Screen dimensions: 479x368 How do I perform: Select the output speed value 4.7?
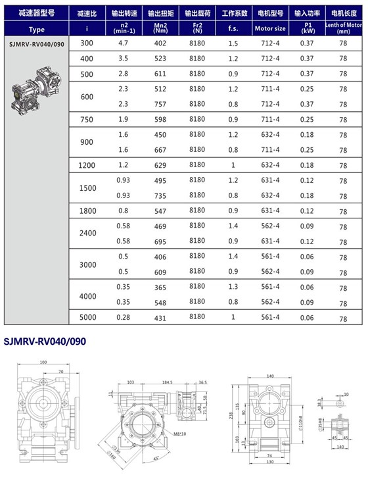123,43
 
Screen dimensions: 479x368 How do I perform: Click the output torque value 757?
158,103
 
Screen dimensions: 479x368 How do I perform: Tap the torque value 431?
158,318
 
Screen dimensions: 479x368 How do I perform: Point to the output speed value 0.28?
123,318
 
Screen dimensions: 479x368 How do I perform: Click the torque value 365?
158,287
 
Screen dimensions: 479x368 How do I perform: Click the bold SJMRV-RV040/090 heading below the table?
45,341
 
